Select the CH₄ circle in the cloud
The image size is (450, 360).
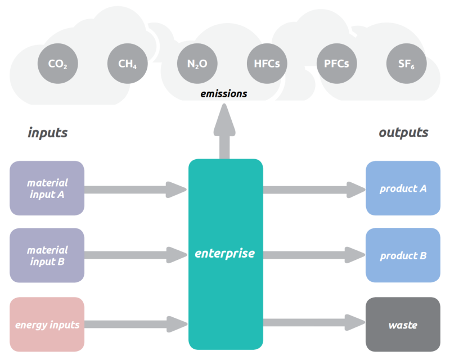(x=127, y=64)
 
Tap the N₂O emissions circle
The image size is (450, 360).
(x=197, y=64)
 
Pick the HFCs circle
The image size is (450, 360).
(x=267, y=64)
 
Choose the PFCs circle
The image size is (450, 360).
(x=336, y=64)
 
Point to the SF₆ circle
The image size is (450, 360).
(x=406, y=64)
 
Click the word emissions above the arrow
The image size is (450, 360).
(x=224, y=93)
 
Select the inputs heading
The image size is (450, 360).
(x=48, y=133)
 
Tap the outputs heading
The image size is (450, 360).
(x=403, y=133)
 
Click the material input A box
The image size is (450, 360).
(x=47, y=188)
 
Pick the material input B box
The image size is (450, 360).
(x=47, y=255)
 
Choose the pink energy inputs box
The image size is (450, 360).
(x=47, y=325)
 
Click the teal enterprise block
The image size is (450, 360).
(x=225, y=254)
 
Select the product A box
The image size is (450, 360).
(x=403, y=188)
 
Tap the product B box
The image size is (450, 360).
(x=403, y=255)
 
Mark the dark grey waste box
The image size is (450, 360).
(x=403, y=325)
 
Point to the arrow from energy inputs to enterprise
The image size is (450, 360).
(x=135, y=325)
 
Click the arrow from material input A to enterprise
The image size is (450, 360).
(x=135, y=190)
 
